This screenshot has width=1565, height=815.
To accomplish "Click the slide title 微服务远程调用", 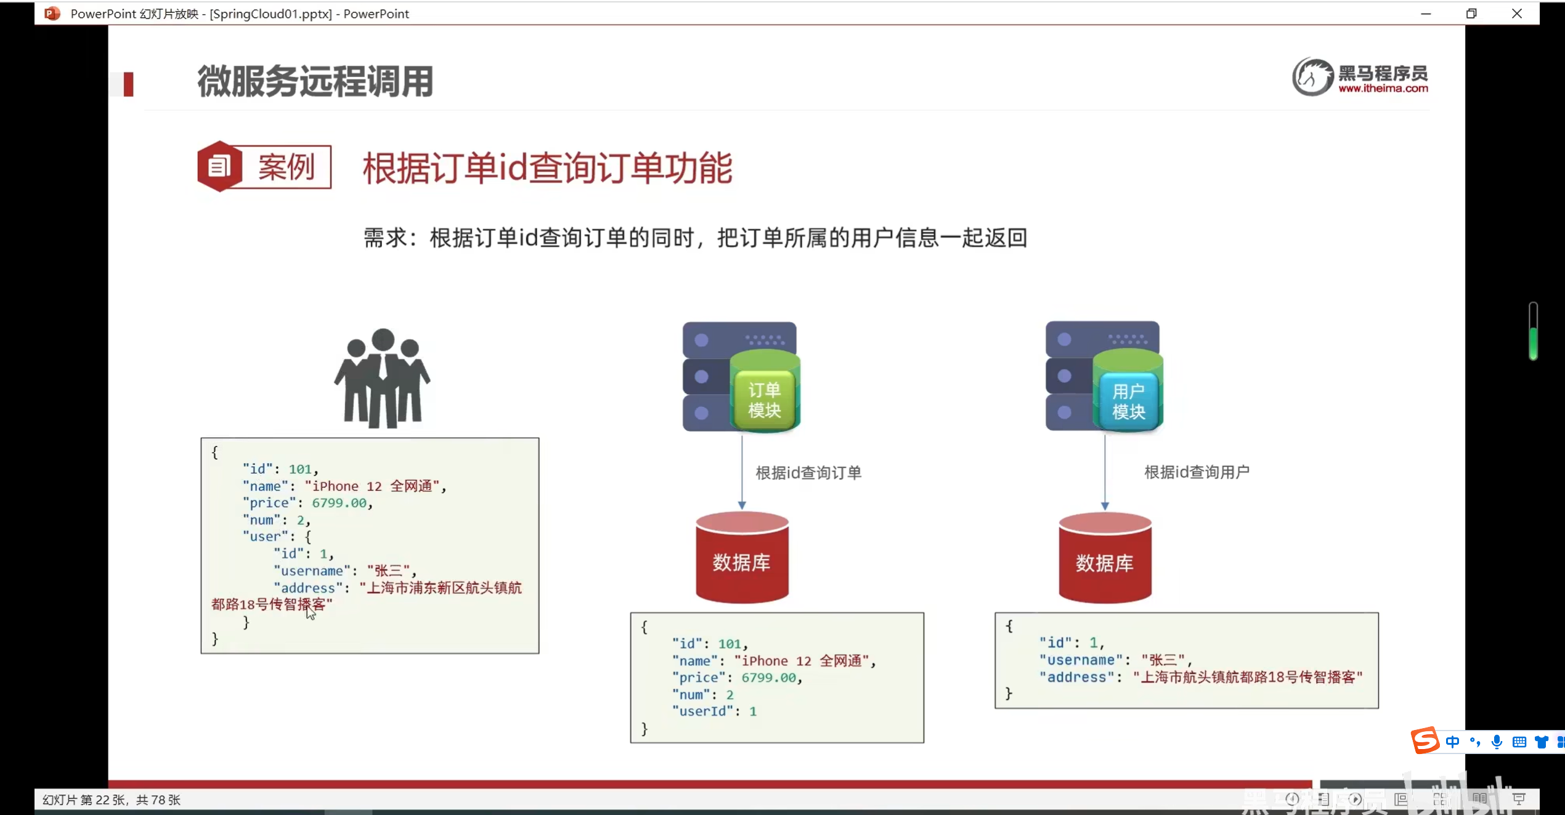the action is click(315, 81).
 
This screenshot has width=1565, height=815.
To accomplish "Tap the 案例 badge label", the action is click(287, 167).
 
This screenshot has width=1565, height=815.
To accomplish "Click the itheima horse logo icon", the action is click(1312, 77).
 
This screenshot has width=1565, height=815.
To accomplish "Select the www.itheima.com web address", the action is click(1383, 89).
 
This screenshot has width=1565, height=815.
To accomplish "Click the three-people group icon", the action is click(382, 378).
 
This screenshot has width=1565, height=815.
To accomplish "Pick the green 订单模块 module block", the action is click(765, 392).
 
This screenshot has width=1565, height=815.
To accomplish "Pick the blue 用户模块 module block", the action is click(1128, 392).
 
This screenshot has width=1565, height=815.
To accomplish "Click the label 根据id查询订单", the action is click(808, 473).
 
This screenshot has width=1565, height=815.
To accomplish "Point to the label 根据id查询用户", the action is click(1197, 472).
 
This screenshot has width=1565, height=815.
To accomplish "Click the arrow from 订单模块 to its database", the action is click(742, 472).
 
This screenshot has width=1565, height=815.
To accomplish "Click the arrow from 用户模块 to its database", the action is click(1105, 472).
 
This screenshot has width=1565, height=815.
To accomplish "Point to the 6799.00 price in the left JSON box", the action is click(339, 503).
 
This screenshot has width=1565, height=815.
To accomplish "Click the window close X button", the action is click(1517, 14).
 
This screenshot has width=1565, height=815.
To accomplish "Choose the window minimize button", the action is click(1426, 14).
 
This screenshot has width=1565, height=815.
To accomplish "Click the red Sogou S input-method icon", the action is click(1425, 740).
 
